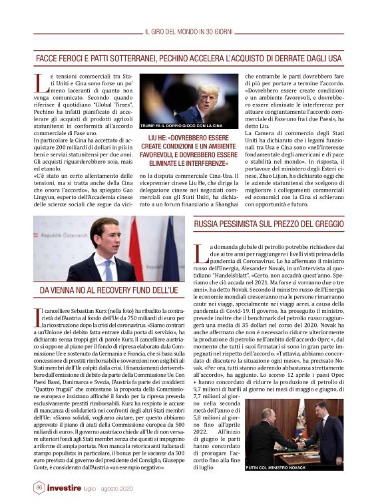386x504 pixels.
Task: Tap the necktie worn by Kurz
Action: tap(107, 267)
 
